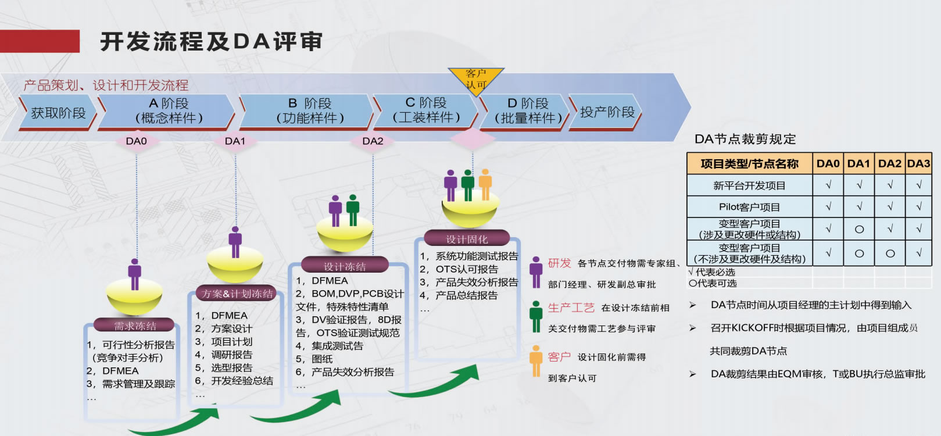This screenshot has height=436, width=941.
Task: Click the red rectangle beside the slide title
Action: (40, 41)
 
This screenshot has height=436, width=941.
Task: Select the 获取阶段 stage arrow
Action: (58, 113)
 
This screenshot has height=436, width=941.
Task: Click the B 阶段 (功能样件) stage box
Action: (309, 111)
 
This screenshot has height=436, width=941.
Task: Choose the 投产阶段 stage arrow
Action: (606, 112)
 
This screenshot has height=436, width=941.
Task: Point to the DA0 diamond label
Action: (137, 141)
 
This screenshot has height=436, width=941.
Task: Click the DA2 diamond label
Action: (373, 141)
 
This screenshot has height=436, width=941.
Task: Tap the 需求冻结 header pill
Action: (135, 326)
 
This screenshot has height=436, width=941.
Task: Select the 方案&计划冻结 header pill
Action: (237, 294)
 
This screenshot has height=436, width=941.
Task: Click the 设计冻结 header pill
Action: (345, 266)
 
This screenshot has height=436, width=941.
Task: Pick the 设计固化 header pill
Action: (467, 239)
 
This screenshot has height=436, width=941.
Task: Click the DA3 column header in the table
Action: (918, 164)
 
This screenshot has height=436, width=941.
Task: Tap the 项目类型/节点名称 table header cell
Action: (749, 164)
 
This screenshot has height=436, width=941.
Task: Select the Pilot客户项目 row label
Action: (749, 207)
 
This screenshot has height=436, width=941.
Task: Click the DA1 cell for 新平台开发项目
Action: (858, 185)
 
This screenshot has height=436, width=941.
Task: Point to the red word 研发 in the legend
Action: (559, 263)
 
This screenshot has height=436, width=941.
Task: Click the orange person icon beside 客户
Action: (536, 361)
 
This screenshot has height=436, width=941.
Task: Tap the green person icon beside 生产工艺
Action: (536, 315)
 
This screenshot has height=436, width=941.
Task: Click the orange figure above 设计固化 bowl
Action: (485, 184)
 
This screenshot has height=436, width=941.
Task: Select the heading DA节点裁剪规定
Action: (745, 139)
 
